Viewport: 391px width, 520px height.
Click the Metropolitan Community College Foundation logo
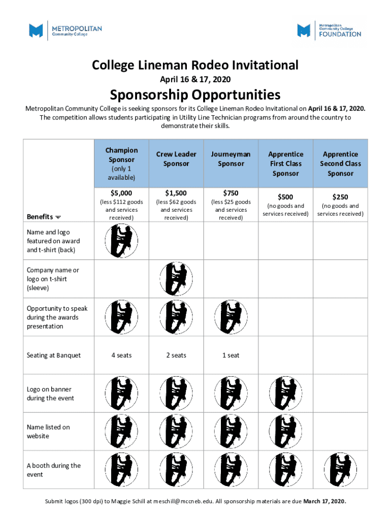[x=330, y=30]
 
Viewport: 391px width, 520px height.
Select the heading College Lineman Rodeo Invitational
[x=195, y=66]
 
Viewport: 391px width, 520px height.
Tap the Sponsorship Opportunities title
[x=195, y=94]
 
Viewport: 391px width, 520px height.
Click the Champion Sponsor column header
[x=121, y=155]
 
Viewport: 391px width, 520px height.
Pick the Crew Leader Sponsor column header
[x=176, y=159]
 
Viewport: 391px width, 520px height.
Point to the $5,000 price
[x=121, y=193]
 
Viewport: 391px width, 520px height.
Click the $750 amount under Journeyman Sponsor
[x=231, y=193]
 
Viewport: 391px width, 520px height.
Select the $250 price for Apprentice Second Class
[x=340, y=197]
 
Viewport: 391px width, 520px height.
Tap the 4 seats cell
[x=121, y=355]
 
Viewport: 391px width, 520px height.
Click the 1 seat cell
[x=231, y=355]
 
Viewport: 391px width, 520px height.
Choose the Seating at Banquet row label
[x=54, y=355]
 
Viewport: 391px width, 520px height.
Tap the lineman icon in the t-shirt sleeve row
[x=176, y=279]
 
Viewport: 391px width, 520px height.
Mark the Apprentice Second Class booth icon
[x=340, y=470]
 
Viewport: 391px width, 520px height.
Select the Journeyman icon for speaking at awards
[x=231, y=317]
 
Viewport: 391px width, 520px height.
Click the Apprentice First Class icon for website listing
[x=285, y=432]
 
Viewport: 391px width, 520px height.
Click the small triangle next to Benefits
[x=58, y=217]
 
